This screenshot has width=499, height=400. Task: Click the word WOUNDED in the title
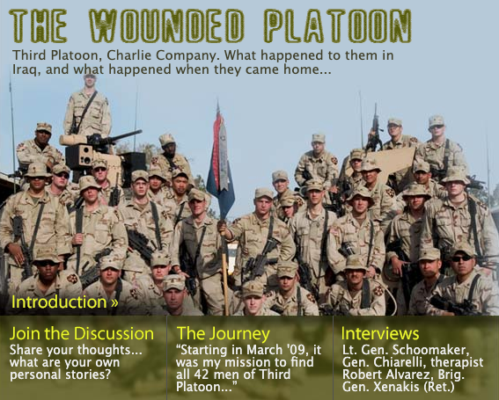pos(166,26)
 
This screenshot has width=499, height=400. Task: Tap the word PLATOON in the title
pos(338,26)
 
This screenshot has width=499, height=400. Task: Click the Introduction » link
pos(64,302)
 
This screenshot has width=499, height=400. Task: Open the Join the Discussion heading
pos(82,333)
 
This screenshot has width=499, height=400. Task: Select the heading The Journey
pos(223,333)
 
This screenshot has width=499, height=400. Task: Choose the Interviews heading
pos(380,333)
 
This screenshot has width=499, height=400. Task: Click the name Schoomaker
pos(430,350)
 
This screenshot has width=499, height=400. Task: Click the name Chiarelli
pos(400,362)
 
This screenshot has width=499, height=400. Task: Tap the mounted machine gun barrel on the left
pos(124,135)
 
